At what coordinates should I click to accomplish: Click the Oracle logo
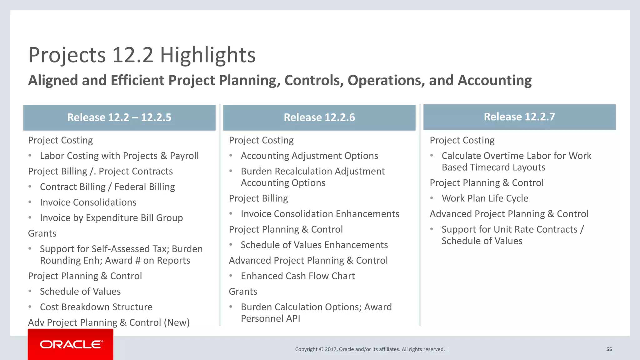[71, 344]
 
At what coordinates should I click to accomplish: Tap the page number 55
[609, 349]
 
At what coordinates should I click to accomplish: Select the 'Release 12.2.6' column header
[319, 117]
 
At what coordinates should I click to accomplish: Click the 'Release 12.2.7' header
[519, 117]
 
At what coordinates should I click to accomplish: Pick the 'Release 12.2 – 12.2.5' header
[119, 117]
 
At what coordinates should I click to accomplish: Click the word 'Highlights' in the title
[208, 55]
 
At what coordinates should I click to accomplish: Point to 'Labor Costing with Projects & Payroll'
[119, 156]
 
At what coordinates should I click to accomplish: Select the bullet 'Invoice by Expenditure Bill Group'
[111, 218]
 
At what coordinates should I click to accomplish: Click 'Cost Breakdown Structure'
[96, 307]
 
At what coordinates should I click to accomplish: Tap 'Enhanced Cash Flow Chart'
[297, 276]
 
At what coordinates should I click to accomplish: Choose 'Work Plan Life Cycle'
[485, 198]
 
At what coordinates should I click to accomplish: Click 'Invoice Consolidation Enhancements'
[320, 214]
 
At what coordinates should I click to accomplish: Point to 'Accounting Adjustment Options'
[309, 156]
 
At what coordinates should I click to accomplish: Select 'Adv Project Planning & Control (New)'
[109, 322]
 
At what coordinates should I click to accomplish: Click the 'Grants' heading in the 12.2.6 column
[243, 292]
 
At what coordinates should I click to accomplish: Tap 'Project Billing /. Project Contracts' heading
[100, 171]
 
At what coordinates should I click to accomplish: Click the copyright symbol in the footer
[321, 349]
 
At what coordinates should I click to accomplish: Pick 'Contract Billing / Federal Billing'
[107, 187]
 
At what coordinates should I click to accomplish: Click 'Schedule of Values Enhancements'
[314, 245]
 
